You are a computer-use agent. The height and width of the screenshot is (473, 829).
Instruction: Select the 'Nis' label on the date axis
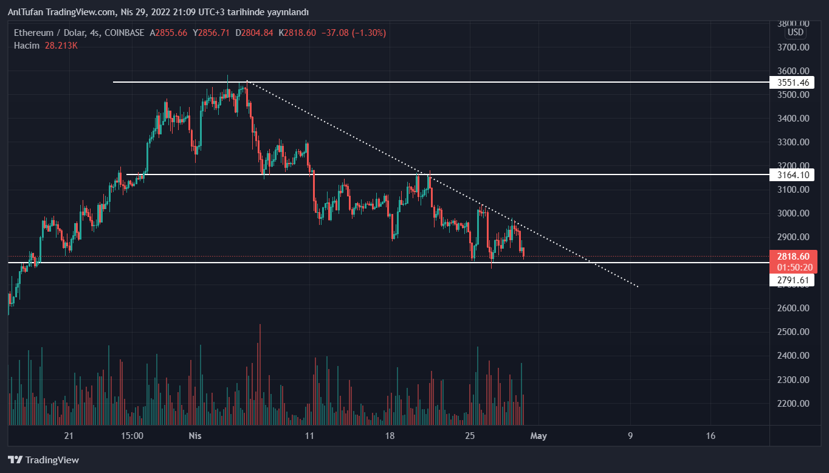[x=195, y=436]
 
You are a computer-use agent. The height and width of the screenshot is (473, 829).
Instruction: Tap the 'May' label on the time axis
[x=539, y=436]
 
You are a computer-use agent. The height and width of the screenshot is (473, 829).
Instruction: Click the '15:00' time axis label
[x=132, y=436]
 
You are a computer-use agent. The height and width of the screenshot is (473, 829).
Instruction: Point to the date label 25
[x=470, y=436]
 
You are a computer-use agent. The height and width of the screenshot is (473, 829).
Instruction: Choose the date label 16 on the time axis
[x=711, y=436]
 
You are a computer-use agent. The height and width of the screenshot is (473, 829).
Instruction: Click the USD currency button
[x=795, y=32]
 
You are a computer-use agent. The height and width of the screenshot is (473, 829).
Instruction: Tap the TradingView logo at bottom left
[x=43, y=460]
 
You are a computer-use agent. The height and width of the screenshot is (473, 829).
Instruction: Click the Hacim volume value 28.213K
[x=61, y=46]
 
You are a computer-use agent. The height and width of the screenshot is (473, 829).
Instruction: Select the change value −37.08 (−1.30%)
[x=356, y=33]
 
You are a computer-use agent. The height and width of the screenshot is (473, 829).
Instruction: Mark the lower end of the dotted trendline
[x=638, y=286]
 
